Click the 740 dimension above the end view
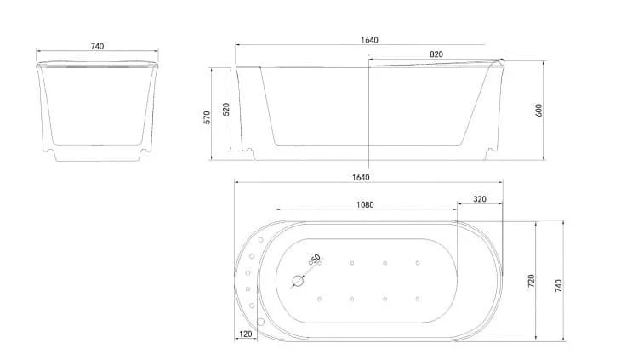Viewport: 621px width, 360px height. coord(98,46)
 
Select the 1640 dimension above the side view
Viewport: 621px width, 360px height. coord(369,40)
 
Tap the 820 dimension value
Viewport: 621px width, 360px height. coord(436,54)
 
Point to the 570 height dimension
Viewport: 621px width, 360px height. coord(207,117)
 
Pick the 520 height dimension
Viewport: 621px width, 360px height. coord(226,109)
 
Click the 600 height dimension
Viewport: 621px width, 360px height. coord(538,110)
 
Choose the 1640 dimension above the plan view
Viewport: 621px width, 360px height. coord(361,177)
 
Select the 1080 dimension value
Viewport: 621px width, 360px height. coord(365,205)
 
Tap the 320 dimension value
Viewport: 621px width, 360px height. coord(480,199)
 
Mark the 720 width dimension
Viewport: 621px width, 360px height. coord(532,281)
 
